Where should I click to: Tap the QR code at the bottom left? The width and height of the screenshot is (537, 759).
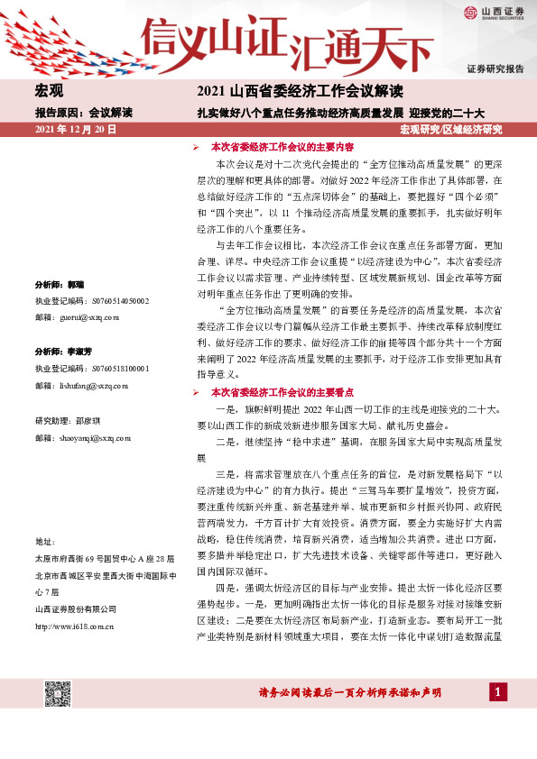click(58, 693)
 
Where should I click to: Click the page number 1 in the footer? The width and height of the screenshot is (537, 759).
click(496, 691)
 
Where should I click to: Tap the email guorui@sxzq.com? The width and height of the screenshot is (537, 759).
click(88, 318)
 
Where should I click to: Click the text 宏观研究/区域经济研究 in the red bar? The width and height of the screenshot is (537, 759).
click(450, 131)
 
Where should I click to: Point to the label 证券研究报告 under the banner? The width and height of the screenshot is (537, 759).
click(495, 69)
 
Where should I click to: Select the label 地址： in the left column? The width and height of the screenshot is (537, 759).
click(44, 541)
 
